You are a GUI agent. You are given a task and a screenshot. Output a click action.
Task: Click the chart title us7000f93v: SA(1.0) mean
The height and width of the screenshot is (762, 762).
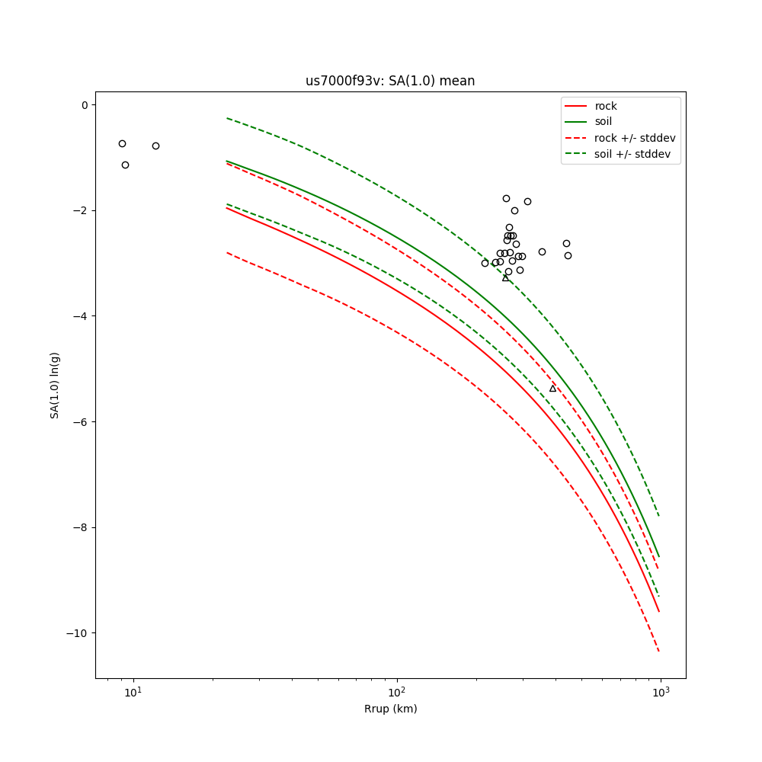pyautogui.click(x=390, y=81)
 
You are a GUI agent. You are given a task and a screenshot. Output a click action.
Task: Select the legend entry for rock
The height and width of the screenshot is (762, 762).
pyautogui.click(x=606, y=106)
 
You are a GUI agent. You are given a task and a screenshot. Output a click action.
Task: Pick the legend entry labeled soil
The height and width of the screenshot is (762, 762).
pyautogui.click(x=603, y=121)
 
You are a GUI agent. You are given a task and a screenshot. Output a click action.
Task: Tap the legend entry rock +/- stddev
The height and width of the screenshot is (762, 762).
pyautogui.click(x=635, y=138)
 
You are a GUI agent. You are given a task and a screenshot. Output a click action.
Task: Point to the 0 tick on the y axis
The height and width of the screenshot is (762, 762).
pyautogui.click(x=85, y=105)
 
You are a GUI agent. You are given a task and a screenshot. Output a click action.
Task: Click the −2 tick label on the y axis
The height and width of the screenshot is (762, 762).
pyautogui.click(x=82, y=210)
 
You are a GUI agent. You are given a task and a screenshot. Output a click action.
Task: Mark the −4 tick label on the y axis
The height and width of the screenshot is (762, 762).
pyautogui.click(x=82, y=316)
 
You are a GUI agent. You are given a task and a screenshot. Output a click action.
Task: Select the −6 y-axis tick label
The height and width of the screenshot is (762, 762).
pyautogui.click(x=82, y=422)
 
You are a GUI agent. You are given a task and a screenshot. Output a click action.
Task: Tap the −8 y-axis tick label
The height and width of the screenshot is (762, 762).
pyautogui.click(x=82, y=527)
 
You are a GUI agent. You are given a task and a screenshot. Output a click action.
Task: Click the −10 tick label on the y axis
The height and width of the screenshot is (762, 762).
pyautogui.click(x=78, y=633)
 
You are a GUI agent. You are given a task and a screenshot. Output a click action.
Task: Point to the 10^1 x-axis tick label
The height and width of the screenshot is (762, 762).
pyautogui.click(x=133, y=692)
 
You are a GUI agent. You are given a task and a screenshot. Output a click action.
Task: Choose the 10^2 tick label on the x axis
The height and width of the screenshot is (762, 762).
pyautogui.click(x=396, y=692)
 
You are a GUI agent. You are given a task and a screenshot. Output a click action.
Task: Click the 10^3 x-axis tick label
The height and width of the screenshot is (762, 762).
pyautogui.click(x=660, y=692)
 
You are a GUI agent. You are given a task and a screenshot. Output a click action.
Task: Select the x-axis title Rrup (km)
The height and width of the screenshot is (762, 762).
pyautogui.click(x=390, y=709)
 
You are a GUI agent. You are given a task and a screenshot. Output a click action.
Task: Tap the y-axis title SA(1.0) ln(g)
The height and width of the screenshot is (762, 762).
pyautogui.click(x=55, y=385)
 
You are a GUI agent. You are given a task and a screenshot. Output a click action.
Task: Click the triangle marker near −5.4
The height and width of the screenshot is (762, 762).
pyautogui.click(x=552, y=389)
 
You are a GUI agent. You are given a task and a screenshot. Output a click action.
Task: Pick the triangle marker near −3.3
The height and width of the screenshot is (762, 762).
pyautogui.click(x=505, y=278)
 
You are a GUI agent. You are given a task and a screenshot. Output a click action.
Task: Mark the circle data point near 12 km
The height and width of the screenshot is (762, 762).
pyautogui.click(x=155, y=146)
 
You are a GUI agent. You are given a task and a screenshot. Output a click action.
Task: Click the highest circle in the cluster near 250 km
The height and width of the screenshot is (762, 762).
pyautogui.click(x=506, y=198)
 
